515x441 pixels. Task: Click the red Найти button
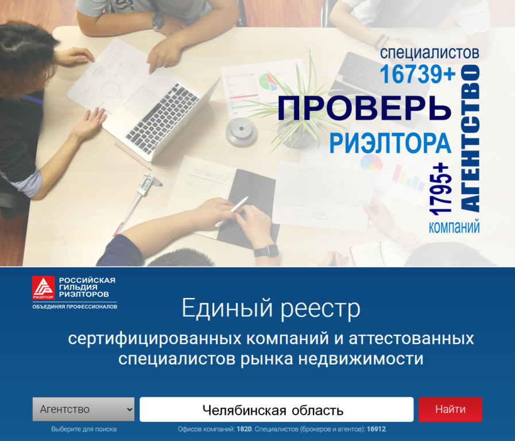click(x=450, y=409)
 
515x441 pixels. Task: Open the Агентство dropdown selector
click(x=83, y=409)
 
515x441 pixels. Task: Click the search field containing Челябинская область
click(x=276, y=409)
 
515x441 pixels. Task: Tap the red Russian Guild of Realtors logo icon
click(x=43, y=287)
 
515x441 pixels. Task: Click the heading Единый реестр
click(x=271, y=308)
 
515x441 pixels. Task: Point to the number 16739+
click(x=418, y=74)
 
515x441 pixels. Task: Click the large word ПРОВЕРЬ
click(x=365, y=108)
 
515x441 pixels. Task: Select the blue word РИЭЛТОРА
click(x=390, y=143)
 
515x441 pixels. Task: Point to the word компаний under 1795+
click(x=454, y=227)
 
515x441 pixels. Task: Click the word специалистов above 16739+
click(x=429, y=53)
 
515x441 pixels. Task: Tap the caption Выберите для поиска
click(x=84, y=429)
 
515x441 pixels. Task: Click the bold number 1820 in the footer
click(x=244, y=429)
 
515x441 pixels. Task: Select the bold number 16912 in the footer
click(x=377, y=429)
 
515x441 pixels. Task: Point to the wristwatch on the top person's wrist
click(x=158, y=22)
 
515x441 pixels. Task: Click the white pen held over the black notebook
click(x=231, y=211)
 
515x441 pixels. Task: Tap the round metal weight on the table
click(x=241, y=131)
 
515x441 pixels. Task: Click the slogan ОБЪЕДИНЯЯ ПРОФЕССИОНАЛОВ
click(x=75, y=307)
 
